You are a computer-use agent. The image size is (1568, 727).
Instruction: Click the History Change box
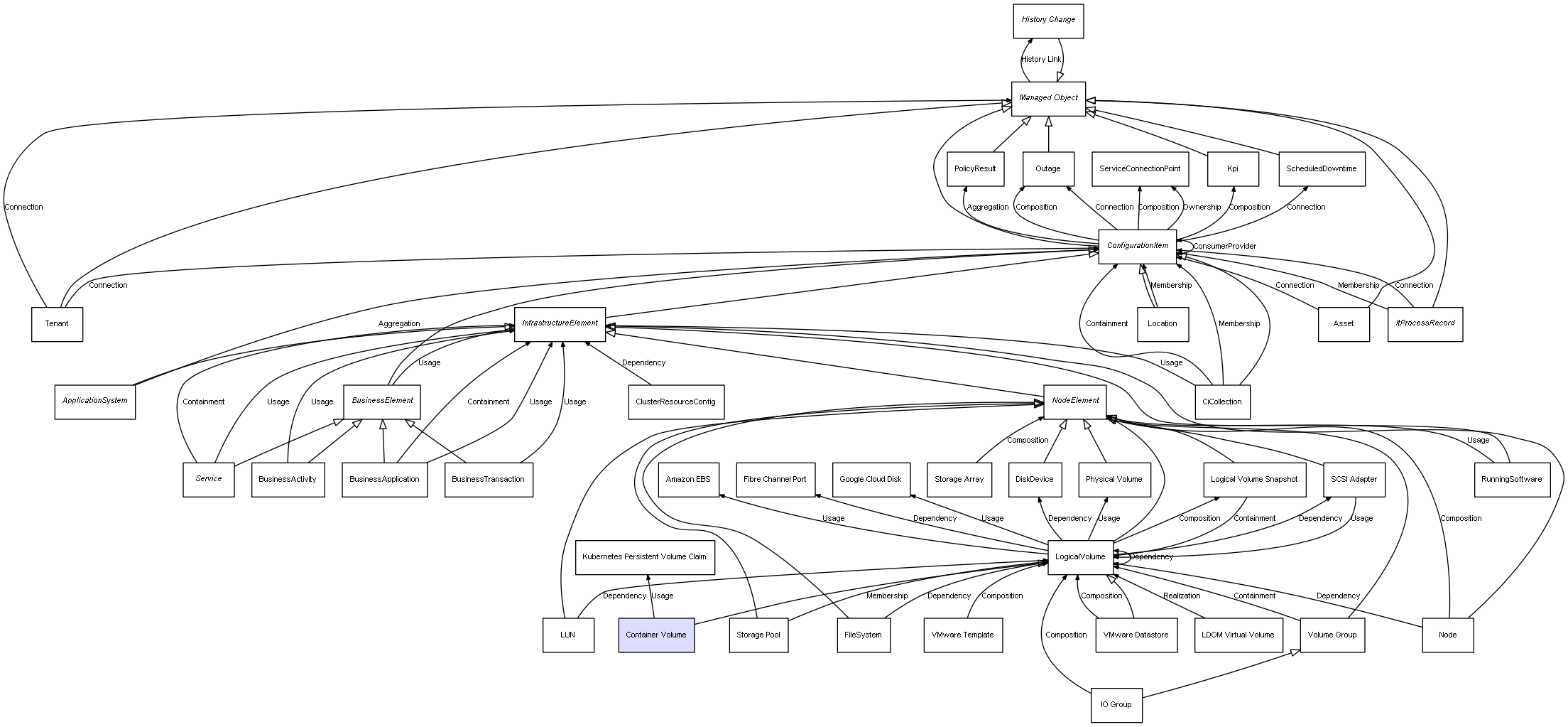[1048, 21]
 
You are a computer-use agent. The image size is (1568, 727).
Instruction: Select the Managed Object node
[1048, 98]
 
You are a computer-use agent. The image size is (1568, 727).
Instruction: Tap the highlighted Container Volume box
[656, 635]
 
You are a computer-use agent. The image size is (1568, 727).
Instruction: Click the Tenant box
[57, 324]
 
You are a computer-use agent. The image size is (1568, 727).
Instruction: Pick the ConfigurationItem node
[1137, 246]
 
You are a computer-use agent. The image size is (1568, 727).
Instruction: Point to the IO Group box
[1116, 704]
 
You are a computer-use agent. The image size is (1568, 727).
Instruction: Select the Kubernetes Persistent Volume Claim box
[644, 556]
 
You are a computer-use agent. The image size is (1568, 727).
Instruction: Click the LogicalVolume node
[1080, 556]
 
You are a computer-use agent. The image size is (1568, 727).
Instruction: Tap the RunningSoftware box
[1511, 479]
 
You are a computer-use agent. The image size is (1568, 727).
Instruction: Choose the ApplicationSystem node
[95, 402]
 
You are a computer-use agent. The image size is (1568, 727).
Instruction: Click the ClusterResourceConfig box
[675, 402]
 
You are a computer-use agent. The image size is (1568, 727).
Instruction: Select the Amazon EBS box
[687, 479]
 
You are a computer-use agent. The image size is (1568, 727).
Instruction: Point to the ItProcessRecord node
[1425, 323]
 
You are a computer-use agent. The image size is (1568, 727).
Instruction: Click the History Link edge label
[1041, 60]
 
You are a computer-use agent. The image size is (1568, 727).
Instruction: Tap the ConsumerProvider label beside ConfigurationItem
[1224, 246]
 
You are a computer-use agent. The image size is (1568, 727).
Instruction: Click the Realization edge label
[1182, 596]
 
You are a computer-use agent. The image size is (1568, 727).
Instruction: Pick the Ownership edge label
[1202, 208]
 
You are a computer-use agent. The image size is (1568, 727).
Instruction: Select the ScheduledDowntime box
[1321, 169]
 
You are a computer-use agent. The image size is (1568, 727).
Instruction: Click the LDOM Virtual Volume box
[1238, 635]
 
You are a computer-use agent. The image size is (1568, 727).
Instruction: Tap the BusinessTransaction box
[488, 479]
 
